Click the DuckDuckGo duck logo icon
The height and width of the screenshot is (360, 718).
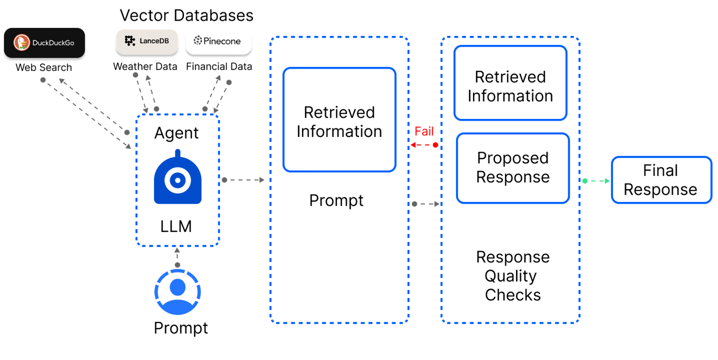tap(22, 43)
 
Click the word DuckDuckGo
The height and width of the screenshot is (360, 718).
tap(53, 43)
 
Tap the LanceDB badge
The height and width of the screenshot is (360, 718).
tap(147, 42)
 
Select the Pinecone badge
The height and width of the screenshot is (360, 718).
tap(219, 42)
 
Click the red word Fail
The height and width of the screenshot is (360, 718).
tap(424, 131)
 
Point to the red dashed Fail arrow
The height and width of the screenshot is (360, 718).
tap(423, 145)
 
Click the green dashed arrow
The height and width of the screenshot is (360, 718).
tap(597, 181)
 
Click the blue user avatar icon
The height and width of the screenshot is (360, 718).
tap(178, 292)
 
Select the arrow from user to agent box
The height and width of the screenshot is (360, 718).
tap(177, 257)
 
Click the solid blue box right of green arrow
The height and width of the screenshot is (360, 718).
tap(661, 180)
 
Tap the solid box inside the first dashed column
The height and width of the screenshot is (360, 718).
tap(339, 120)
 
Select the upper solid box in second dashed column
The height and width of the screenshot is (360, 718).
tap(510, 83)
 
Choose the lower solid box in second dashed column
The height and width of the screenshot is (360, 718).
tap(513, 168)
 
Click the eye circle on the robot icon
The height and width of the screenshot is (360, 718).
tap(178, 180)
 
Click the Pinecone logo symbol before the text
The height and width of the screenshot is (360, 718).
tap(197, 41)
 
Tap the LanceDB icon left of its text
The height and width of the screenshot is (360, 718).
tap(130, 41)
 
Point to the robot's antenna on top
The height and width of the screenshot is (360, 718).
tap(178, 153)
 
